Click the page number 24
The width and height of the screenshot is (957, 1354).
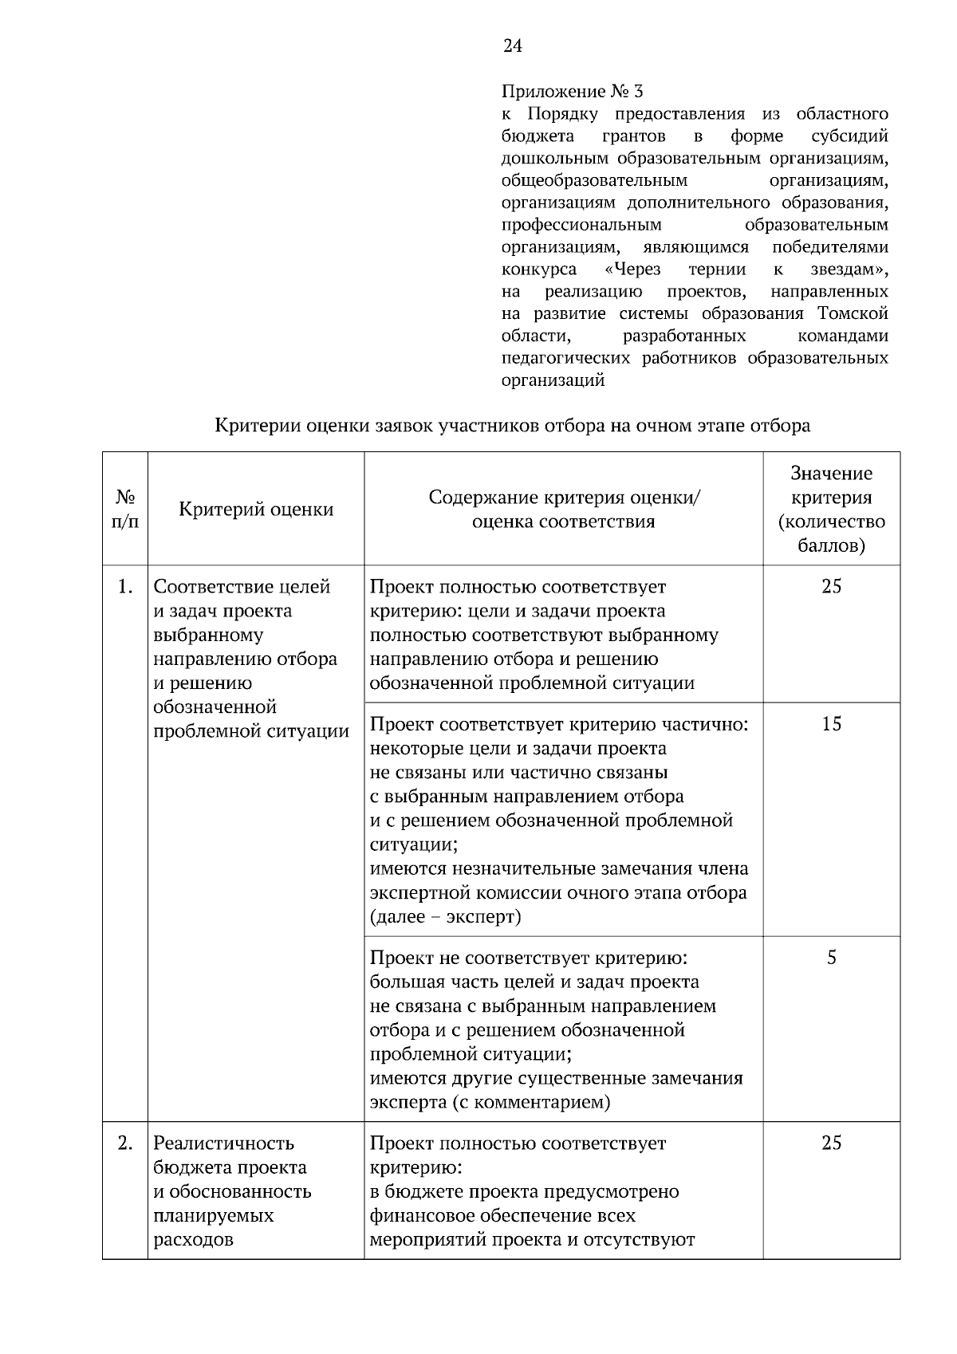point(513,46)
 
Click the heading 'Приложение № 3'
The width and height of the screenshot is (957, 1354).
point(572,92)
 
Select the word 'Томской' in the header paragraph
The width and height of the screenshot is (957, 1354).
point(853,313)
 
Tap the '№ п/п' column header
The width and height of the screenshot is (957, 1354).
point(125,510)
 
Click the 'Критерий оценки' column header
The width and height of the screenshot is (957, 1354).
point(256,510)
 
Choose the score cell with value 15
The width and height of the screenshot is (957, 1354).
point(831,724)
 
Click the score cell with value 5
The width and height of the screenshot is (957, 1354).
point(831,958)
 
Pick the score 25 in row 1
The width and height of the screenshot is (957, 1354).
point(831,587)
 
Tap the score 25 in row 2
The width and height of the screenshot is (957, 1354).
point(831,1143)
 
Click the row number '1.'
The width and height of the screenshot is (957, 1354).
point(125,587)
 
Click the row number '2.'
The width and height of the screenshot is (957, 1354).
point(125,1143)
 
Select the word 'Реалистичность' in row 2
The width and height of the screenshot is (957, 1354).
point(223,1143)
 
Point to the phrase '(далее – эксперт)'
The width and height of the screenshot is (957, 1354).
point(445,917)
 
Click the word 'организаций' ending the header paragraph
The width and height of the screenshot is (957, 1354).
point(553,380)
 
